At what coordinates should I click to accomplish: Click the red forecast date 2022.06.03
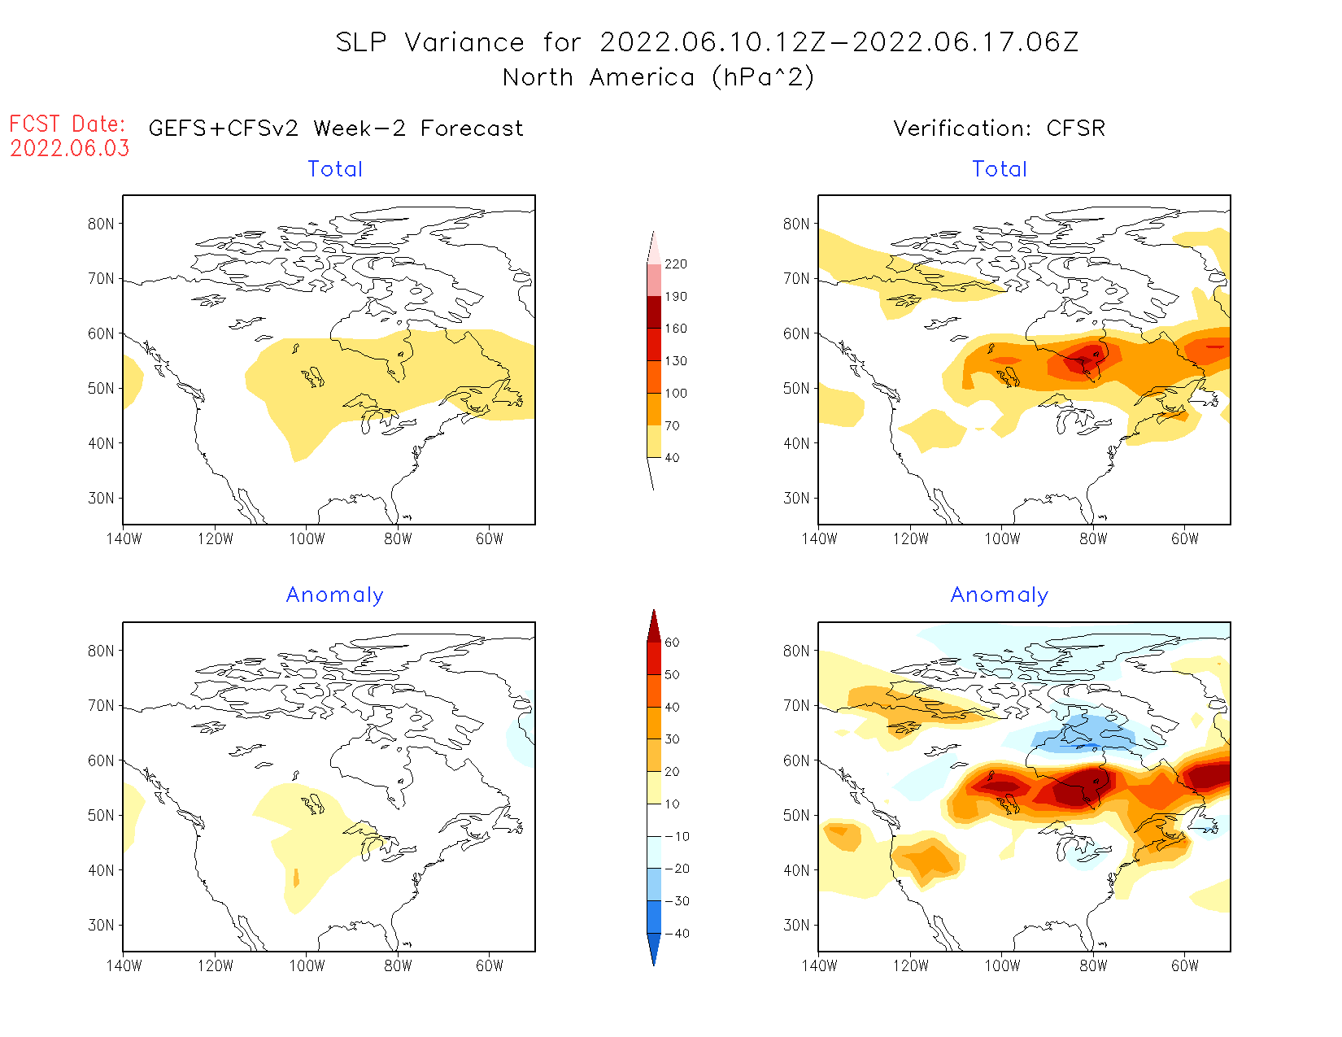point(70,148)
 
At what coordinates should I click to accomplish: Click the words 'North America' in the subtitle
point(599,77)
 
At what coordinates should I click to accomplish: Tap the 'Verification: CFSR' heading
point(999,129)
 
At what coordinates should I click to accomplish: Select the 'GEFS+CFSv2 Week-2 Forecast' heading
point(336,129)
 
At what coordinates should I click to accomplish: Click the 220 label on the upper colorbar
point(675,264)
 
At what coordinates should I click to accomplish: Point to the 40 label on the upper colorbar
point(672,458)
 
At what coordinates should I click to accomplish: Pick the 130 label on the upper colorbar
point(675,361)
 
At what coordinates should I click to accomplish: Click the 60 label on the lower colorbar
point(672,643)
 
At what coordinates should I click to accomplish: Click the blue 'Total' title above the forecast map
point(335,169)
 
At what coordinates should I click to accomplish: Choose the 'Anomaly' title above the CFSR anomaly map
point(999,595)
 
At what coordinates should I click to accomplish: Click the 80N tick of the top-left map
point(101,224)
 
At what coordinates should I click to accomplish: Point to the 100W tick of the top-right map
point(1002,538)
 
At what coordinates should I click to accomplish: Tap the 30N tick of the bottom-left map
point(101,925)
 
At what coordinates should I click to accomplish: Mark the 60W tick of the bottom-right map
point(1185,965)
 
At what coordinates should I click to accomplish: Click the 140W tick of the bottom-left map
point(124,965)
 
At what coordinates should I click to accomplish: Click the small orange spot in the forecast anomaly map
point(296,878)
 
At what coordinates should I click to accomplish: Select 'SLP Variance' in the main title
point(430,42)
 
